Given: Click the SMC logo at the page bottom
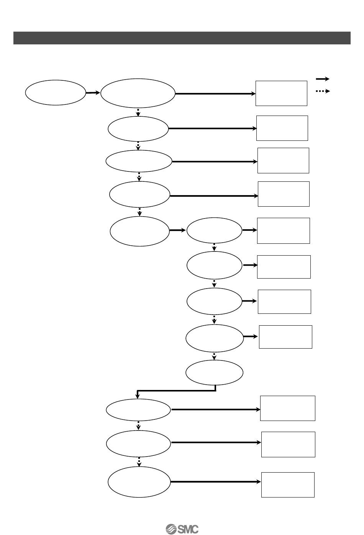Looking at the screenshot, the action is [x=182, y=529].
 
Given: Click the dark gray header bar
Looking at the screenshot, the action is [x=182, y=38].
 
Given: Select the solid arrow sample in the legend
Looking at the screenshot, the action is [x=323, y=79].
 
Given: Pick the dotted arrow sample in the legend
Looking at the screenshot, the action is [x=323, y=91].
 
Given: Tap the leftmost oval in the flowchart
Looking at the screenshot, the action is [x=56, y=92].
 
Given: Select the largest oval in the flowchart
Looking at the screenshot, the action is [x=138, y=93].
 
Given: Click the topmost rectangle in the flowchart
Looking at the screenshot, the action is [x=281, y=93].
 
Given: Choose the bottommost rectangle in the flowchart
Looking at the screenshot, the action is [x=288, y=484].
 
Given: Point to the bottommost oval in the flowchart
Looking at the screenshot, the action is [x=139, y=482].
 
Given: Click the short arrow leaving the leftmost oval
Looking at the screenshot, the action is [x=93, y=93].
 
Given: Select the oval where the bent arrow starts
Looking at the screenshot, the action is [x=214, y=372].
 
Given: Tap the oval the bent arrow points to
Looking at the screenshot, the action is [x=138, y=410].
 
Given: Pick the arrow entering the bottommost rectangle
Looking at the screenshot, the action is [x=216, y=482].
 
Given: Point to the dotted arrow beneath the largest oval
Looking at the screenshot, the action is [x=138, y=112].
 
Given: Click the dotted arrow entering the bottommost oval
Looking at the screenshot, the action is [x=139, y=461].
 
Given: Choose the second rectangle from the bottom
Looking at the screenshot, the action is [x=288, y=444].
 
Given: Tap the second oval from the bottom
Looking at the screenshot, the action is [x=138, y=444].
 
